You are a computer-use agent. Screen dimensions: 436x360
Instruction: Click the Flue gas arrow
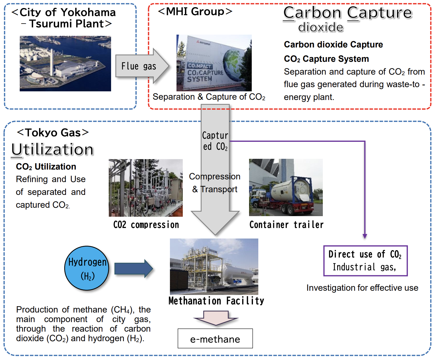[x=142, y=66]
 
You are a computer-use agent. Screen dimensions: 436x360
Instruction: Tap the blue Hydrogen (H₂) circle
[x=87, y=268]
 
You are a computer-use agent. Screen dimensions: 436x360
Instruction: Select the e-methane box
[x=215, y=339]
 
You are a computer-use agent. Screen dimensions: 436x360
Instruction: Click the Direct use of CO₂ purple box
[x=366, y=261]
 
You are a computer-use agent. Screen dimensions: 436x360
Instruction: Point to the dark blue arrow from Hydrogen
[x=134, y=269]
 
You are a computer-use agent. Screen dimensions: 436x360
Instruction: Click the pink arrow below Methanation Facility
[x=216, y=318]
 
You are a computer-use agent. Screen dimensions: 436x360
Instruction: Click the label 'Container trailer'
[x=286, y=225]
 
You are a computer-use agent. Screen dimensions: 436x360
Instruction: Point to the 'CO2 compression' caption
[x=146, y=225]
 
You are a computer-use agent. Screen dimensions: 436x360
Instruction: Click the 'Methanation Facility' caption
[x=216, y=301]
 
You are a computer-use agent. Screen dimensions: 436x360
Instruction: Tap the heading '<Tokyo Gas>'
[x=53, y=133]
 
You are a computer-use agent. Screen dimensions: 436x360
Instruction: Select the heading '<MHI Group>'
[x=195, y=11]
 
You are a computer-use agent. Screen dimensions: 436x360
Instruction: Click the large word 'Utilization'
[x=52, y=150]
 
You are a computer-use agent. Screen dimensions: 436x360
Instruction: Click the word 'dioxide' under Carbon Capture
[x=321, y=27]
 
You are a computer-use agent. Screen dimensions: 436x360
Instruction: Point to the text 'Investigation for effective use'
[x=362, y=288]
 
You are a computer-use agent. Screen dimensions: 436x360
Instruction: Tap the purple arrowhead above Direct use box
[x=365, y=236]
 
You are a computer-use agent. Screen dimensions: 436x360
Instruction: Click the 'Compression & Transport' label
[x=215, y=183]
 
